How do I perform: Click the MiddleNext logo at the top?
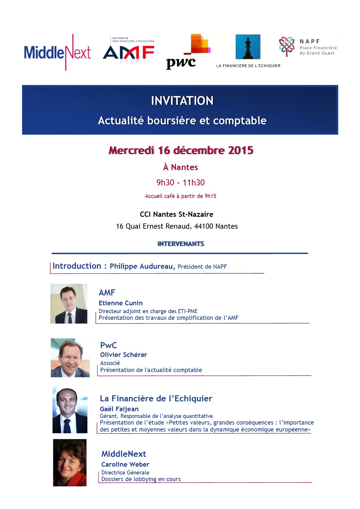pyautogui.click(x=57, y=53)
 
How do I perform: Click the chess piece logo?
pyautogui.click(x=248, y=47)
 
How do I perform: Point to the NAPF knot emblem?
pyautogui.click(x=287, y=46)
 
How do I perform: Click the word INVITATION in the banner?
pyautogui.click(x=182, y=101)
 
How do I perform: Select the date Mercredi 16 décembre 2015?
pyautogui.click(x=181, y=150)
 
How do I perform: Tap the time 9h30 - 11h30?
pyautogui.click(x=180, y=183)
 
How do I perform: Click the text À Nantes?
pyautogui.click(x=180, y=167)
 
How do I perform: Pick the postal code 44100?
pyautogui.click(x=204, y=226)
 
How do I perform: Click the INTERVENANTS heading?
pyautogui.click(x=181, y=244)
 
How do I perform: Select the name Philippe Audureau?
pyautogui.click(x=142, y=266)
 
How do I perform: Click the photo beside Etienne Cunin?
pyautogui.click(x=69, y=304)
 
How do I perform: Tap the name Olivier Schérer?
pyautogui.click(x=123, y=355)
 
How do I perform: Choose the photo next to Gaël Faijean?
pyautogui.click(x=70, y=410)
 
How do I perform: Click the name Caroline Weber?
pyautogui.click(x=125, y=464)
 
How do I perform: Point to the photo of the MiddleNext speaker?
pyautogui.click(x=70, y=463)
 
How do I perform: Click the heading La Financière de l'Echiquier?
pyautogui.click(x=156, y=398)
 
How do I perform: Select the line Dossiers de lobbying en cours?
pyautogui.click(x=141, y=479)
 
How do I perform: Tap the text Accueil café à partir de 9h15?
pyautogui.click(x=181, y=196)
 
